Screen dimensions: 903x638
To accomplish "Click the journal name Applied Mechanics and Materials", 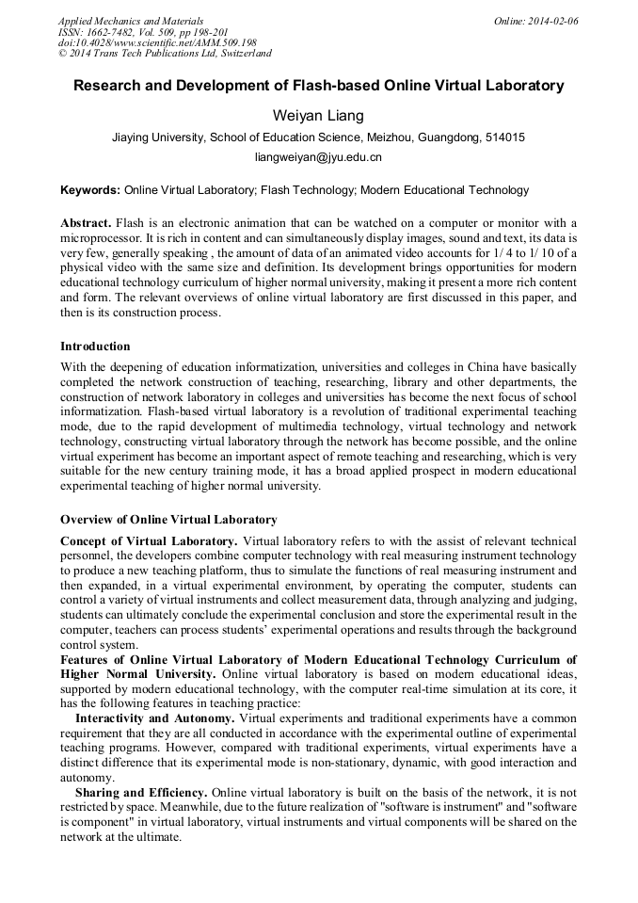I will (131, 21).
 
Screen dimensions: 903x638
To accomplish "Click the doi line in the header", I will (157, 42).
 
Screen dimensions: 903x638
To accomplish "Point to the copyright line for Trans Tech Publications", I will (165, 54).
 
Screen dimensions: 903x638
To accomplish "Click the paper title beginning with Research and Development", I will (319, 86).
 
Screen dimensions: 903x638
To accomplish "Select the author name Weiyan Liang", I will (318, 116).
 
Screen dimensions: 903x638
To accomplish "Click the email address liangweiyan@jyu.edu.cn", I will (318, 157).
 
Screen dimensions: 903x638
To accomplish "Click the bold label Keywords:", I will (90, 190).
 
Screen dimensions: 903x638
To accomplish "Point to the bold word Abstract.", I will (85, 222).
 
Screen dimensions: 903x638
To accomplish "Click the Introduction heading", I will (95, 347).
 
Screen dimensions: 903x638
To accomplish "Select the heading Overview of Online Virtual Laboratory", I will (168, 519).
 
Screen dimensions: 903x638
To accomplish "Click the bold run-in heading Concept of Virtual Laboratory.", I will (148, 540).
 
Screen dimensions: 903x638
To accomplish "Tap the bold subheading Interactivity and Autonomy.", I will (154, 718).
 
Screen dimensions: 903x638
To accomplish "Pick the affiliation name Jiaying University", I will (157, 137).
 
